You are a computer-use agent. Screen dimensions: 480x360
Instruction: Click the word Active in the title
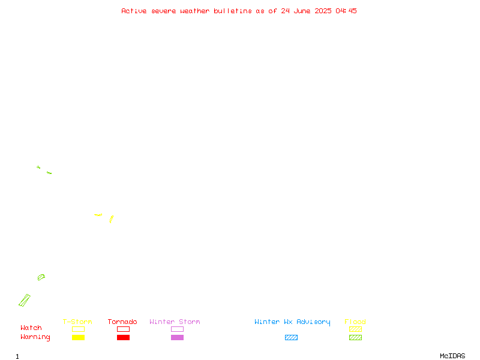click(134, 11)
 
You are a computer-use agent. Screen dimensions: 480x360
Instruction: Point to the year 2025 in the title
click(323, 11)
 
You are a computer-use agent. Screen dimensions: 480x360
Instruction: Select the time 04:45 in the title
click(346, 11)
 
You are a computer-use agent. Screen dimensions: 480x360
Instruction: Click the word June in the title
click(302, 11)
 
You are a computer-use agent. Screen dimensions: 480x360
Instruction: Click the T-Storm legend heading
click(77, 322)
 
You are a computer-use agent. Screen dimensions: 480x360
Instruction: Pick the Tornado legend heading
click(122, 322)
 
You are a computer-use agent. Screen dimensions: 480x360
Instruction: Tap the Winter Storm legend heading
click(175, 322)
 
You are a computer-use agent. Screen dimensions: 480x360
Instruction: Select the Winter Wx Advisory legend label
click(292, 322)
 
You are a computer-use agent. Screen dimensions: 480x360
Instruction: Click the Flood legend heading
click(355, 322)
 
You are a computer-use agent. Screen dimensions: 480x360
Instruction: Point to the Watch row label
click(31, 328)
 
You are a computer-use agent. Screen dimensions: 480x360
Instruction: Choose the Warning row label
click(35, 337)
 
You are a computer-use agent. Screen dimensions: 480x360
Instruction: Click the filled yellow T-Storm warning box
click(79, 337)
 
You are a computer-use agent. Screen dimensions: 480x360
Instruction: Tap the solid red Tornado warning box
click(124, 337)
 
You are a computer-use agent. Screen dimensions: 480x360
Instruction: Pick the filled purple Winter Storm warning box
click(177, 337)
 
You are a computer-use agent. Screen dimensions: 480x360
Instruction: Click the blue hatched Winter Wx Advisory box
click(291, 337)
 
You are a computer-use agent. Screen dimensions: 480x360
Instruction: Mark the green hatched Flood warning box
click(355, 337)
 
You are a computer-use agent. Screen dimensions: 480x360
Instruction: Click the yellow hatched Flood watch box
click(355, 329)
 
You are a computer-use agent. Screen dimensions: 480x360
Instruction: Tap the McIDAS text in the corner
click(452, 356)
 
